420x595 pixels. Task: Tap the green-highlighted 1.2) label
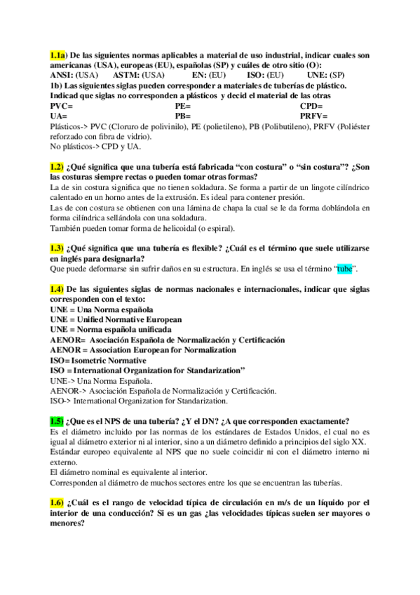57,167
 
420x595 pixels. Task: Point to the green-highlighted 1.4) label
57,289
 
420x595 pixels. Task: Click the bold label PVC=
62,105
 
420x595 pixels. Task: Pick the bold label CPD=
311,105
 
